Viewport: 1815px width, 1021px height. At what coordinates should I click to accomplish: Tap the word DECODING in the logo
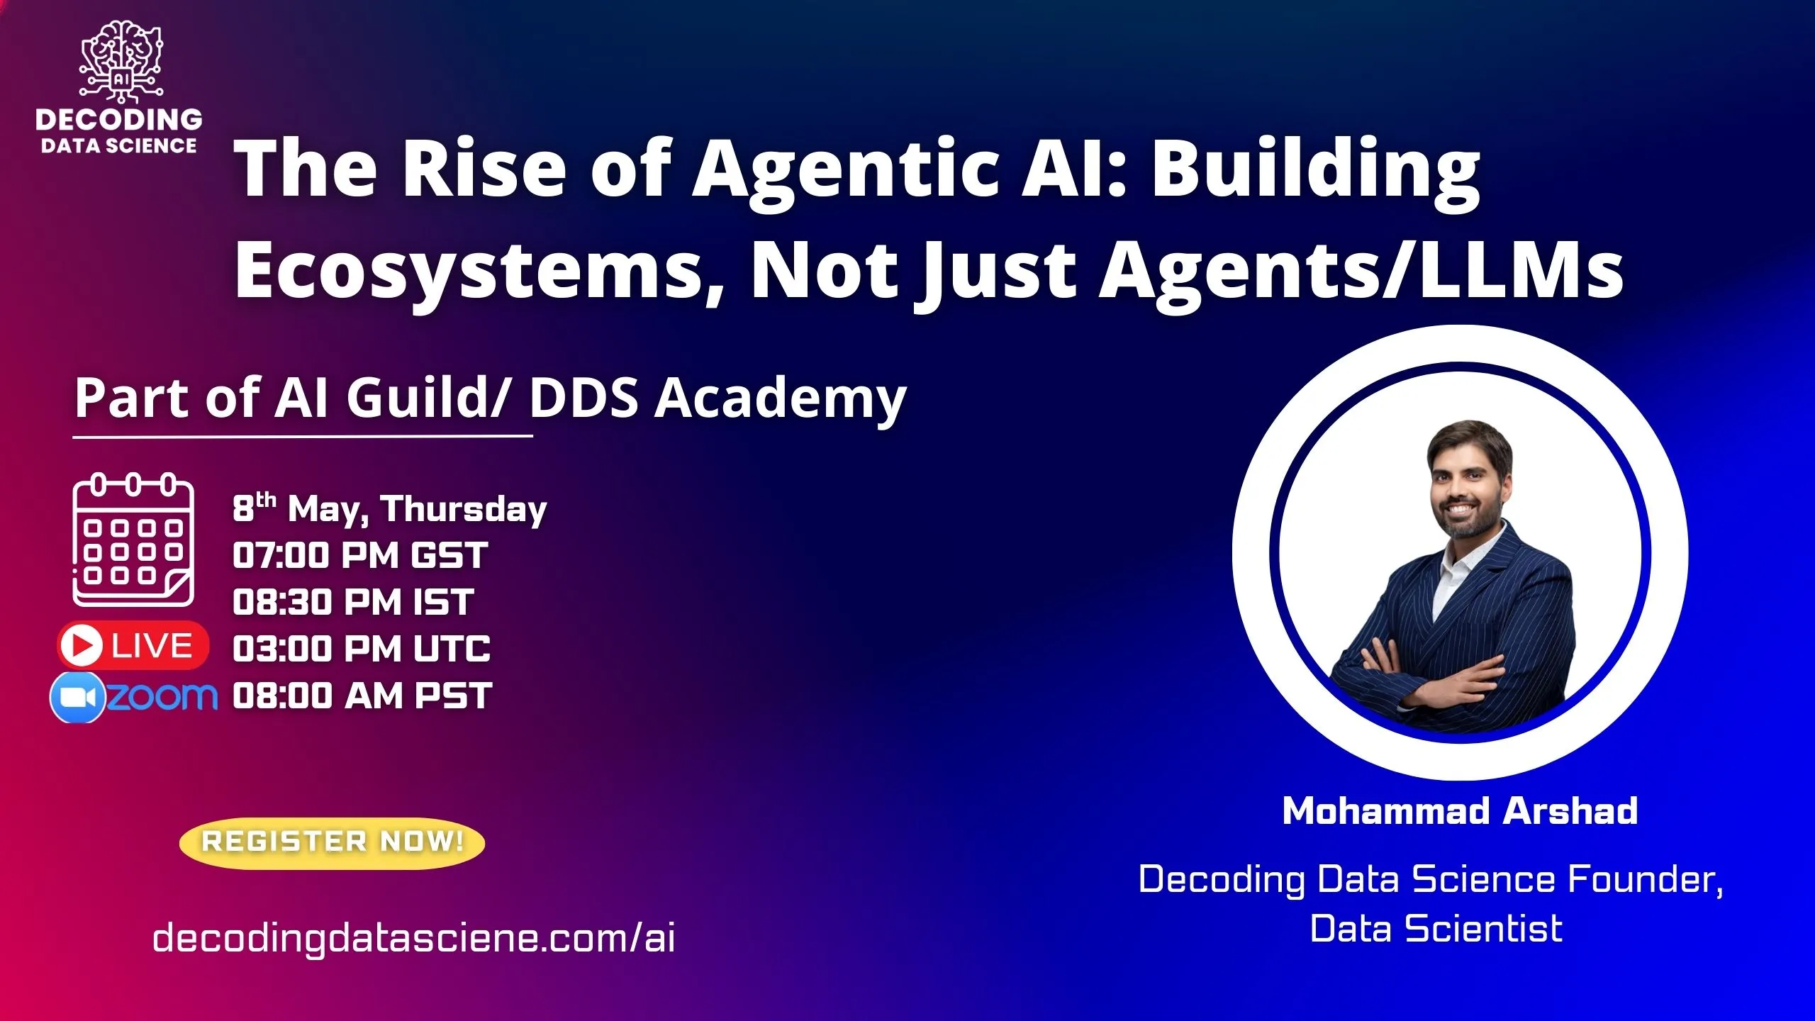119,119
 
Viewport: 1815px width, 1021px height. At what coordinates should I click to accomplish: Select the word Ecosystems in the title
468,270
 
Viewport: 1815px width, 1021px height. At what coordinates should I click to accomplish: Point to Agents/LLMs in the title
1361,270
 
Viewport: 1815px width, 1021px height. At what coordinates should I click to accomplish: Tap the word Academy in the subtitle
780,398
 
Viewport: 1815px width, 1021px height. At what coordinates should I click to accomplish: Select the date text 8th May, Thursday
390,508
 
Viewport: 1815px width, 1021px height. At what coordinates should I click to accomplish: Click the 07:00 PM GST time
360,555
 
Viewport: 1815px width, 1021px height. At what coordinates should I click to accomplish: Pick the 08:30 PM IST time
353,602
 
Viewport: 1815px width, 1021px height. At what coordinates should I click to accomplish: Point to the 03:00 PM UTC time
362,649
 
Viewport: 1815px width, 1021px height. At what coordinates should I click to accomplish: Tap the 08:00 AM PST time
362,696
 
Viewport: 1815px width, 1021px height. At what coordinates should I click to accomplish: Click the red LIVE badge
133,645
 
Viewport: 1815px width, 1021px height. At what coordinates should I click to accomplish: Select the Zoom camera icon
78,698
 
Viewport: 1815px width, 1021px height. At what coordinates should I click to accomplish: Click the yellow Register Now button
332,842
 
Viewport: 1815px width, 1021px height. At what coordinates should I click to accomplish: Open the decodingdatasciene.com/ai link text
413,937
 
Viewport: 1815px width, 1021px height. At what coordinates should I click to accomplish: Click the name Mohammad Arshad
1460,810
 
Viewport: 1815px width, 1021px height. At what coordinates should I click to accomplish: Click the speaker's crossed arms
1453,670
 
